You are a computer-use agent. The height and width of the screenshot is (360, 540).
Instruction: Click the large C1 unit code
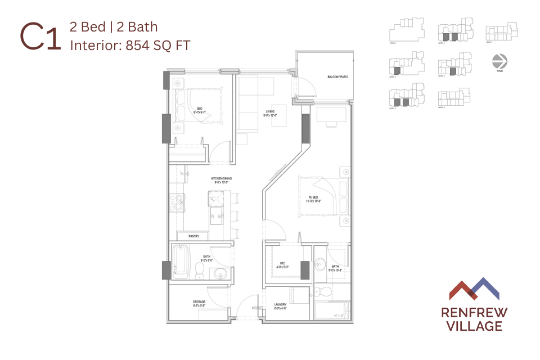40,37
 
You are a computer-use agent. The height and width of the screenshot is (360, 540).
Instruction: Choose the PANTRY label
195,236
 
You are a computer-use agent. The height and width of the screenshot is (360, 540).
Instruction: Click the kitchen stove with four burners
179,203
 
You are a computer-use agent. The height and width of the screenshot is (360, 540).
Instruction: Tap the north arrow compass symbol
497,60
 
